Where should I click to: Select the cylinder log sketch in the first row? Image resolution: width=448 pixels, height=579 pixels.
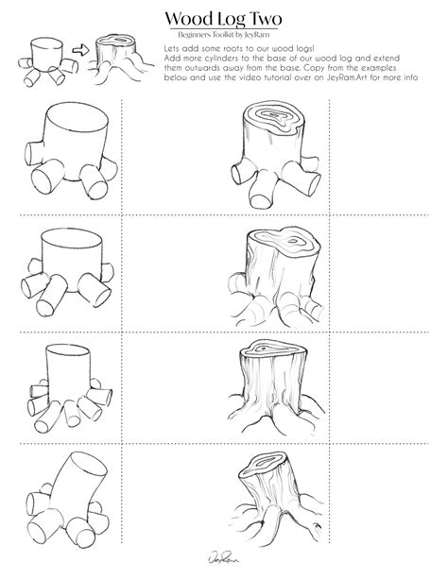(x=71, y=155)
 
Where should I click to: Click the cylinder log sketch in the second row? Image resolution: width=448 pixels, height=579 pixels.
(x=72, y=268)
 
